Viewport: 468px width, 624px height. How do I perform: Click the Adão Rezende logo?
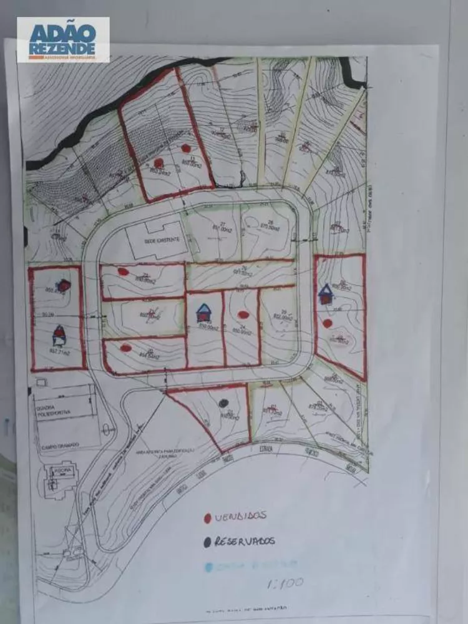point(63,39)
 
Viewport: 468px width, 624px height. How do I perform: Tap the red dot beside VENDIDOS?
point(207,518)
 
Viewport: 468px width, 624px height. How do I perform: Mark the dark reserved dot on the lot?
point(223,403)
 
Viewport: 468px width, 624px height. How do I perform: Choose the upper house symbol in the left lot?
point(65,285)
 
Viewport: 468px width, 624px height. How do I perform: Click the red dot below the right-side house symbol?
point(328,323)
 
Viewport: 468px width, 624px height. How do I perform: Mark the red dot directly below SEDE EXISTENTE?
point(124,271)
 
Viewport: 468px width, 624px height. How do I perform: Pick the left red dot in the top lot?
point(159,163)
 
